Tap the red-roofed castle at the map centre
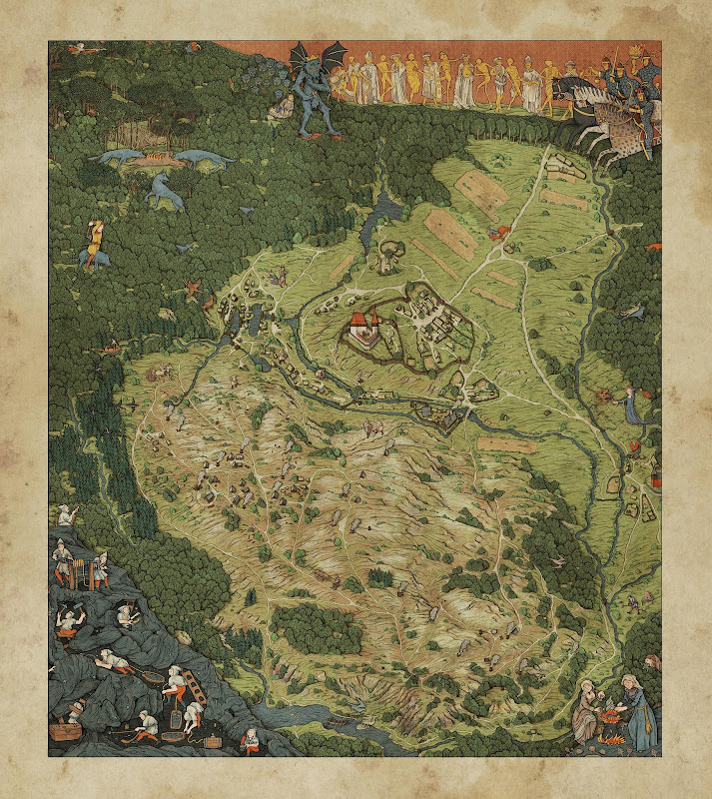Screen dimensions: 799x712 click(x=364, y=330)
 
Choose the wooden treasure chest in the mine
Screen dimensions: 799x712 click(x=68, y=731)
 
